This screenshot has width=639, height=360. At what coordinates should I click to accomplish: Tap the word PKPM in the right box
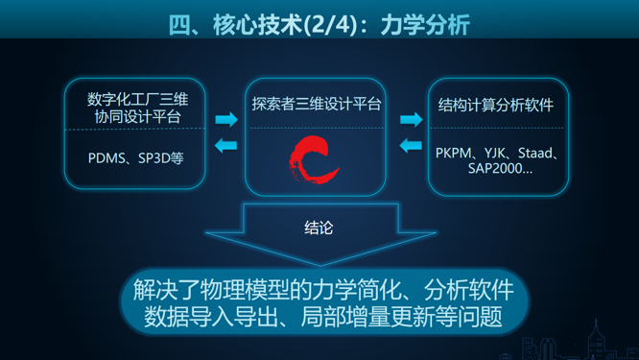[x=454, y=153]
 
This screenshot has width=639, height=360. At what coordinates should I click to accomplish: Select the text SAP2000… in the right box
[x=500, y=169]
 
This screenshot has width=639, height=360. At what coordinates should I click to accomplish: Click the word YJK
[x=494, y=153]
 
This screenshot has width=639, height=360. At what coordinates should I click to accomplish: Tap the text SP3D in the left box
[x=154, y=157]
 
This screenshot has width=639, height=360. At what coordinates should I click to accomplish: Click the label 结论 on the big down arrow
[x=319, y=228]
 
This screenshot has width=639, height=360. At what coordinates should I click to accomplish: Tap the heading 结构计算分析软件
[x=496, y=104]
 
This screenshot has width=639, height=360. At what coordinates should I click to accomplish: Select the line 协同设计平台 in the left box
[x=137, y=116]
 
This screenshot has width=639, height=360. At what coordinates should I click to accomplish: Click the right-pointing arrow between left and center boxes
[x=226, y=120]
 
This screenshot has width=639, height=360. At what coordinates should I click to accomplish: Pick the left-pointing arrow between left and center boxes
[x=226, y=146]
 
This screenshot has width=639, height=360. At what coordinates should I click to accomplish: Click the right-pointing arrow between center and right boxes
[x=411, y=120]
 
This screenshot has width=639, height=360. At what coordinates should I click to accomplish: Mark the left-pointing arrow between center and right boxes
[x=411, y=146]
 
